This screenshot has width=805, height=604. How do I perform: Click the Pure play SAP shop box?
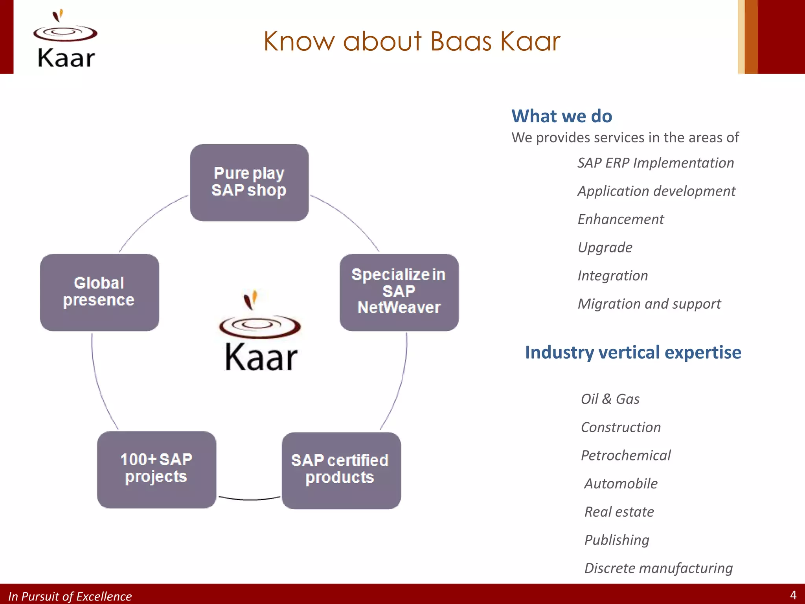[249, 182]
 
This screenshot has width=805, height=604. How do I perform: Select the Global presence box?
[99, 292]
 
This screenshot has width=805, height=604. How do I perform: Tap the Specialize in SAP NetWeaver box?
[399, 292]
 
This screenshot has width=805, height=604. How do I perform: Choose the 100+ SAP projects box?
[156, 470]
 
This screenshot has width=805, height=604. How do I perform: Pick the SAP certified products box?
[341, 470]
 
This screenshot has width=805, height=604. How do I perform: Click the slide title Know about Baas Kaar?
[412, 41]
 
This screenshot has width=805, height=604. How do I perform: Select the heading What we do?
[561, 116]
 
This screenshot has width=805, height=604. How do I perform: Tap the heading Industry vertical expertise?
[633, 352]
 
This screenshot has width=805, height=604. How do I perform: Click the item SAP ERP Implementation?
[655, 163]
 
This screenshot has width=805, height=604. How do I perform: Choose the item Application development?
[656, 191]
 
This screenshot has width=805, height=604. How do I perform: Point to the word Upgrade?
[605, 247]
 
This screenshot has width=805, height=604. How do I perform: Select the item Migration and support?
[649, 304]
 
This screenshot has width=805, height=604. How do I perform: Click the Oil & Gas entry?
[610, 399]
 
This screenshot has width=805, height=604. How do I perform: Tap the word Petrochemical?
[625, 455]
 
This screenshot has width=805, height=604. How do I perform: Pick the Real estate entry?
[619, 512]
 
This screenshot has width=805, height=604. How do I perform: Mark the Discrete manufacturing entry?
[658, 568]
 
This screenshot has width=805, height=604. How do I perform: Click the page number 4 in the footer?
[793, 595]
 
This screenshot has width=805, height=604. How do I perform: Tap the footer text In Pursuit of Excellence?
[70, 596]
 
